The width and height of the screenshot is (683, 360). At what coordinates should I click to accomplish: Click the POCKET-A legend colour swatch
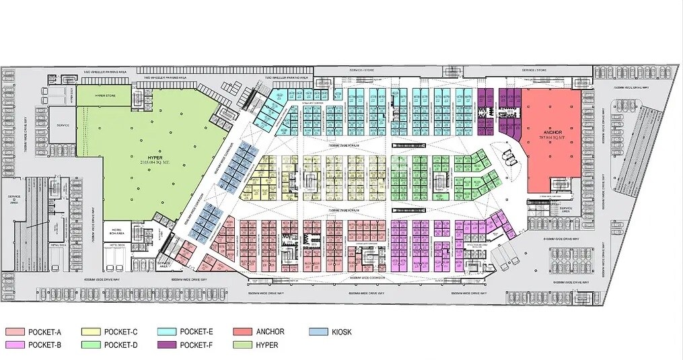coord(14,332)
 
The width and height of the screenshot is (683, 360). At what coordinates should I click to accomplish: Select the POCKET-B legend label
coord(45,345)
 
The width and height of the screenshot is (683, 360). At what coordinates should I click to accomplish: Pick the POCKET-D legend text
coord(121,345)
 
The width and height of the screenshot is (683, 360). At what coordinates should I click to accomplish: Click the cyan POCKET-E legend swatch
coord(166,332)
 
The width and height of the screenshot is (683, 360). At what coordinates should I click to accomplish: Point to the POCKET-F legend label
coord(197,345)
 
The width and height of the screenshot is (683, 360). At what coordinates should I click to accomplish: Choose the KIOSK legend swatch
coord(318,332)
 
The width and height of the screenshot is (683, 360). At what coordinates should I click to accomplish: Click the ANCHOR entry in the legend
coord(271,332)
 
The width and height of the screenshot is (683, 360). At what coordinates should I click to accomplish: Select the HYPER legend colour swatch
coord(243,345)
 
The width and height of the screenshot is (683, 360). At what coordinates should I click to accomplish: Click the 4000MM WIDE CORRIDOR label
coord(367,278)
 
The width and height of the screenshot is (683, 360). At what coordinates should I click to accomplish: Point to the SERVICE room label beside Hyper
coord(63,126)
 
